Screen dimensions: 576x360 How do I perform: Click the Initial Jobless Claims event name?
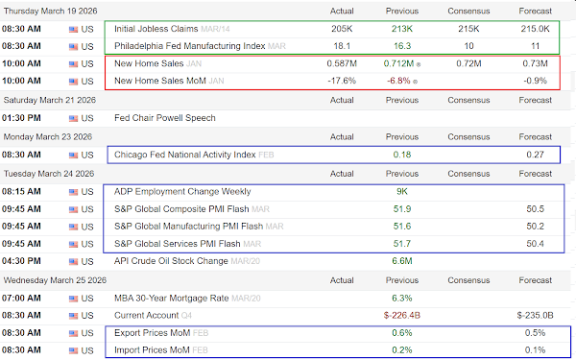[156, 29]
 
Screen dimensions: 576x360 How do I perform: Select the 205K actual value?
[342, 29]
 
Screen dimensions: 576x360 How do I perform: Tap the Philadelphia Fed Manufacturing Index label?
[189, 46]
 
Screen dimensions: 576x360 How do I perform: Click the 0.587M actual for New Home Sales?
[342, 63]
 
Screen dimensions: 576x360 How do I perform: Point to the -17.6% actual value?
[342, 81]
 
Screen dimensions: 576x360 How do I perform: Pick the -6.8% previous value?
[398, 81]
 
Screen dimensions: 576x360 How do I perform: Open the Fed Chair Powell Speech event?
[165, 118]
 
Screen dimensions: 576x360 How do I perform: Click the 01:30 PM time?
[21, 118]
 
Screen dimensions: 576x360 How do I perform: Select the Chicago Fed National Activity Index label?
[184, 155]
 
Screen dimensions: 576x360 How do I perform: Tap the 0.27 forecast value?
[535, 155]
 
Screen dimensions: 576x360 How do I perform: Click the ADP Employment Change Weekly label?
[182, 191]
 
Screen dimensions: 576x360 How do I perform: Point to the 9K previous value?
[402, 191]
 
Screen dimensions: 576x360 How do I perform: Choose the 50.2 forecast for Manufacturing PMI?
[535, 227]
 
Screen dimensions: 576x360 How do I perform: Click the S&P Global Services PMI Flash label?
[177, 244]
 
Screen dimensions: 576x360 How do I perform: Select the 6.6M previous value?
[402, 261]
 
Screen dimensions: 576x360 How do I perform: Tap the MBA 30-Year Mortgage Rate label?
[171, 298]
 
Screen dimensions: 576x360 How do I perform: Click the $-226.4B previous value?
[402, 315]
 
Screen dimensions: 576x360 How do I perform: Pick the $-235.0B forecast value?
[535, 315]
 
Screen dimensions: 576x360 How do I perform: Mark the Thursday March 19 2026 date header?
[50, 11]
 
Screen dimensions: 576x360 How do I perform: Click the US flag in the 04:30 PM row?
[74, 261]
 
